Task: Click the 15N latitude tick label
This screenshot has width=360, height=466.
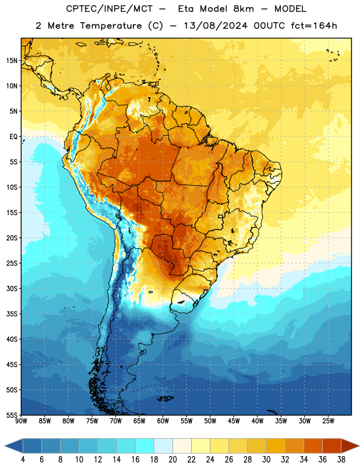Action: click(x=12, y=61)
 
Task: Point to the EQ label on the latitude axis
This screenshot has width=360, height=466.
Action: click(x=13, y=137)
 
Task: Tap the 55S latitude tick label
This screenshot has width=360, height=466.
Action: click(x=12, y=415)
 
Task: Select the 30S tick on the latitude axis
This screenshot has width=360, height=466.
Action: click(x=12, y=288)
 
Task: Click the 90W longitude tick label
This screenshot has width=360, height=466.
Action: click(x=21, y=421)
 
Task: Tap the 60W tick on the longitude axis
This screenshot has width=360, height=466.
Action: click(x=163, y=421)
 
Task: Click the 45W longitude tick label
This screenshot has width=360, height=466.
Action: click(x=234, y=421)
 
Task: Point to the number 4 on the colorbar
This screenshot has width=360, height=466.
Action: click(x=23, y=460)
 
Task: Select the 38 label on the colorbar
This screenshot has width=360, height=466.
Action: click(x=341, y=460)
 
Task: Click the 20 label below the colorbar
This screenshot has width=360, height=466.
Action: click(x=172, y=460)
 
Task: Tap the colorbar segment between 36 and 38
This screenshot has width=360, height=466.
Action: click(x=332, y=446)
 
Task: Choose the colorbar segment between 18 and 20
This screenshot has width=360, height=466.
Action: click(x=163, y=446)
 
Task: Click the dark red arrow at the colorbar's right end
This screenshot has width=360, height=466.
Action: click(x=350, y=446)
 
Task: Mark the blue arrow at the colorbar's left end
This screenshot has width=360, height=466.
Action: click(x=13, y=446)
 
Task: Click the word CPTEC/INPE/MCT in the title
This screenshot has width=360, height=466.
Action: click(x=110, y=9)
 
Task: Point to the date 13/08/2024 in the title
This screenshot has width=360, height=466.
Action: click(x=216, y=26)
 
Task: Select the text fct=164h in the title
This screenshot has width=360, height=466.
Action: click(x=314, y=26)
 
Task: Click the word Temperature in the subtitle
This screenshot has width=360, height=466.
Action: click(x=111, y=26)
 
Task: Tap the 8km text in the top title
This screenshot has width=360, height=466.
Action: click(x=243, y=9)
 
